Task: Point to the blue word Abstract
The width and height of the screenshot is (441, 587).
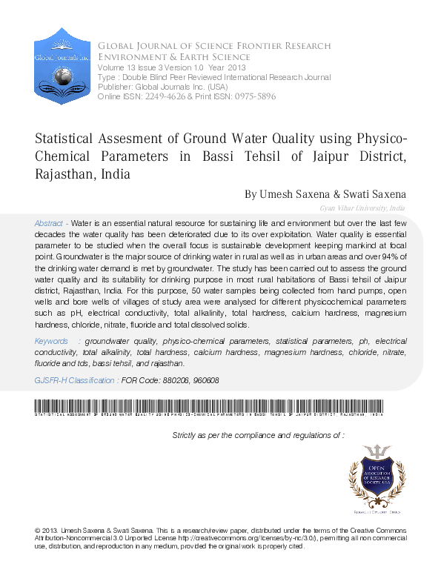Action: [50, 223]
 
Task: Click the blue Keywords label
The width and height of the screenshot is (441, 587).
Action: [52, 340]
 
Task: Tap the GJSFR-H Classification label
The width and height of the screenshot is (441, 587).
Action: [76, 379]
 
